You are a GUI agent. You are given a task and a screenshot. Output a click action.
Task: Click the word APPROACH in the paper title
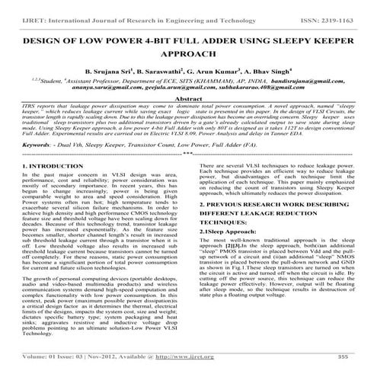[187, 56]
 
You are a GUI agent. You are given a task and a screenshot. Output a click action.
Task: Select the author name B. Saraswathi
[161, 73]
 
